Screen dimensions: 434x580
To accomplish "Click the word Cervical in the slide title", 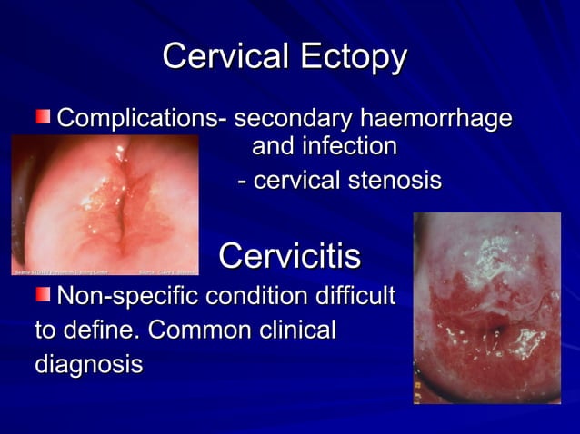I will (x=222, y=57).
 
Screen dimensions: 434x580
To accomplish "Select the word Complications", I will (x=141, y=120).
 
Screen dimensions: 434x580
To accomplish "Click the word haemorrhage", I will (x=435, y=120).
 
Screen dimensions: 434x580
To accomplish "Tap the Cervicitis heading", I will (x=289, y=256).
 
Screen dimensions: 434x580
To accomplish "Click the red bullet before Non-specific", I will (x=44, y=294).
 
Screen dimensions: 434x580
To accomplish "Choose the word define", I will (x=97, y=330).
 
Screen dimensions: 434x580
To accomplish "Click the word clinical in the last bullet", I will (x=295, y=330).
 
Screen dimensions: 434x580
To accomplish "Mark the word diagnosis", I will (x=88, y=365).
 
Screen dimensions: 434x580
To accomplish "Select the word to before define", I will (x=45, y=330).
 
